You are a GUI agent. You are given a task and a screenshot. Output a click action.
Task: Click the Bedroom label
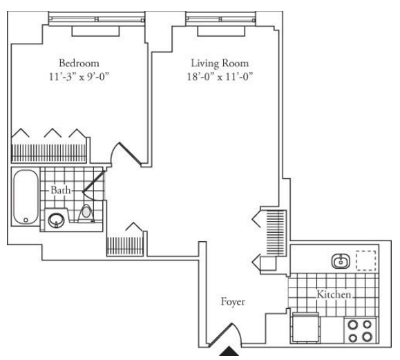pyautogui.click(x=79, y=63)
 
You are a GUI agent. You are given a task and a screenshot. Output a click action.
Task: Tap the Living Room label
pyautogui.click(x=220, y=64)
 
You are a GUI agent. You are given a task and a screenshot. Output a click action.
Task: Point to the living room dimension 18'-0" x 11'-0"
pyautogui.click(x=220, y=77)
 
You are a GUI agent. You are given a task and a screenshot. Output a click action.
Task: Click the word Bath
pyautogui.click(x=61, y=190)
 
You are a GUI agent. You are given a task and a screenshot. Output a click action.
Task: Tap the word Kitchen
pyautogui.click(x=334, y=294)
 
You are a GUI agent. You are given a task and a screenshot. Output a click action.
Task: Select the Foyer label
pyautogui.click(x=233, y=301)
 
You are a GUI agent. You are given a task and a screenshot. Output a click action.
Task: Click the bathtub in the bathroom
pyautogui.click(x=26, y=197)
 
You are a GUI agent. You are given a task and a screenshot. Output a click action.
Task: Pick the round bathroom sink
pyautogui.click(x=56, y=220)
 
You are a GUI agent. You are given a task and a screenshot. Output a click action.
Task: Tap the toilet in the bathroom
pyautogui.click(x=86, y=214)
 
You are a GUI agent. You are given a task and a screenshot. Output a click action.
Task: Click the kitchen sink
pyautogui.click(x=341, y=261)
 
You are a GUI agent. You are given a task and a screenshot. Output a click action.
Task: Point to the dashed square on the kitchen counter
pyautogui.click(x=366, y=260)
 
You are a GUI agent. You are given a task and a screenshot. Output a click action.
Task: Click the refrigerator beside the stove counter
pyautogui.click(x=305, y=328)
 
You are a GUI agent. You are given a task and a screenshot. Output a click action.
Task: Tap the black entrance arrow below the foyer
pyautogui.click(x=229, y=350)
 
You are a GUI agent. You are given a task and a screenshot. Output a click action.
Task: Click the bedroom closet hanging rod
pyautogui.click(x=49, y=153)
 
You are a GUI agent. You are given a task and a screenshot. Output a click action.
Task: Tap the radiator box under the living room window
pyautogui.click(x=221, y=31)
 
